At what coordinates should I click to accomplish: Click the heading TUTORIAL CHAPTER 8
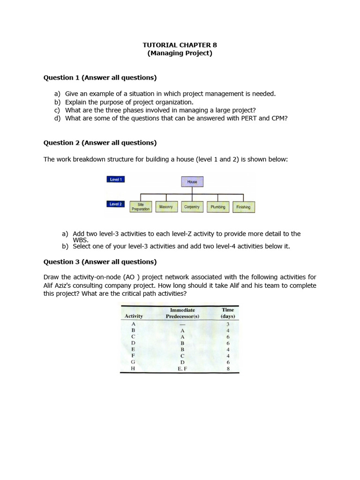[x=180, y=45]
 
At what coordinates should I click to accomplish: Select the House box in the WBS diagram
[x=192, y=181]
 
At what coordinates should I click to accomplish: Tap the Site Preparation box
[x=141, y=207]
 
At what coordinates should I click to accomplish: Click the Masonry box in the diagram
[x=166, y=207]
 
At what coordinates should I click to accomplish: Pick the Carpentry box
[x=192, y=207]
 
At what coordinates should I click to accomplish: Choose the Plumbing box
[x=218, y=207]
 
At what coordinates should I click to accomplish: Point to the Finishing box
[x=243, y=207]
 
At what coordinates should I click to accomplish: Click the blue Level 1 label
[x=116, y=179]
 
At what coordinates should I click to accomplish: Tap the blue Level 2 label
[x=116, y=204]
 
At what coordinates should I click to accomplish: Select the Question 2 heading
[x=100, y=142]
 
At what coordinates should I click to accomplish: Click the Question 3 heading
[x=100, y=262]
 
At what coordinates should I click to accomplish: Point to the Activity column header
[x=134, y=316]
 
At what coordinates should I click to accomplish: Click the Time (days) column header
[x=228, y=313]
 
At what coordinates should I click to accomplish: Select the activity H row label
[x=133, y=369]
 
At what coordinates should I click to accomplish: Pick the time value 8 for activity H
[x=228, y=369]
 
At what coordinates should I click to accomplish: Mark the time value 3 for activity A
[x=228, y=324]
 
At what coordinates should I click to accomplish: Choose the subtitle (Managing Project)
[x=180, y=53]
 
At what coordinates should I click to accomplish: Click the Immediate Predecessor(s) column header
[x=182, y=313]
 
